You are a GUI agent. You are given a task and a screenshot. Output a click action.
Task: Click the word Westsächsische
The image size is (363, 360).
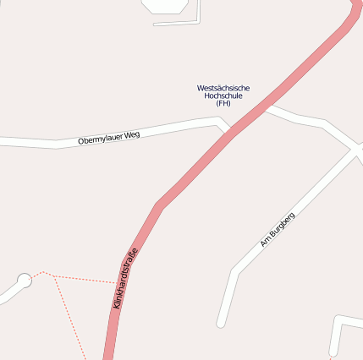pos(223,88)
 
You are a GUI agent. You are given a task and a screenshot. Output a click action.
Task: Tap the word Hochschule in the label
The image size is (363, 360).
pos(223,95)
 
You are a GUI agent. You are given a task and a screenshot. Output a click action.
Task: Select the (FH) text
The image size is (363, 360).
pos(223,103)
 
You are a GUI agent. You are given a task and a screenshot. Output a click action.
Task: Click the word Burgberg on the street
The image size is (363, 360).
pos(282,226)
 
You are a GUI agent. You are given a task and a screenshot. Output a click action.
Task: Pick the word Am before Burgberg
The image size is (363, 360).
pos(265,243)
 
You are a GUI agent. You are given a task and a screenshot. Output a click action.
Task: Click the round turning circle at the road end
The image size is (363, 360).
pos(24,280)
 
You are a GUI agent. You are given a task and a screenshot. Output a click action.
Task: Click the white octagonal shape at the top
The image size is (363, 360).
pos(165,4)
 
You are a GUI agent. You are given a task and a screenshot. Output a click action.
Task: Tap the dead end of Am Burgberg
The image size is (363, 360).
pos(221,324)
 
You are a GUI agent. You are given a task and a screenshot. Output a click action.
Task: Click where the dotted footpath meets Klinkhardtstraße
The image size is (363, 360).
pos(118,281)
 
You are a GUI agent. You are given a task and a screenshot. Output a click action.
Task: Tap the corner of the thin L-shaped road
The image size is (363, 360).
pos(198,21)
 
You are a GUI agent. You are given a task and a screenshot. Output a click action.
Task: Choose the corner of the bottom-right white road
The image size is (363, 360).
pos(338,320)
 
